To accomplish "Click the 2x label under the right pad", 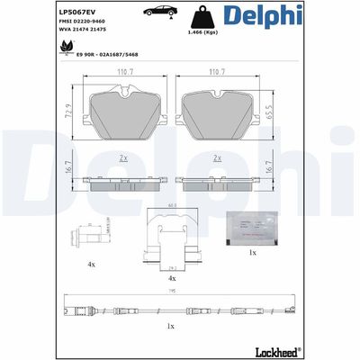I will click(216, 157).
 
